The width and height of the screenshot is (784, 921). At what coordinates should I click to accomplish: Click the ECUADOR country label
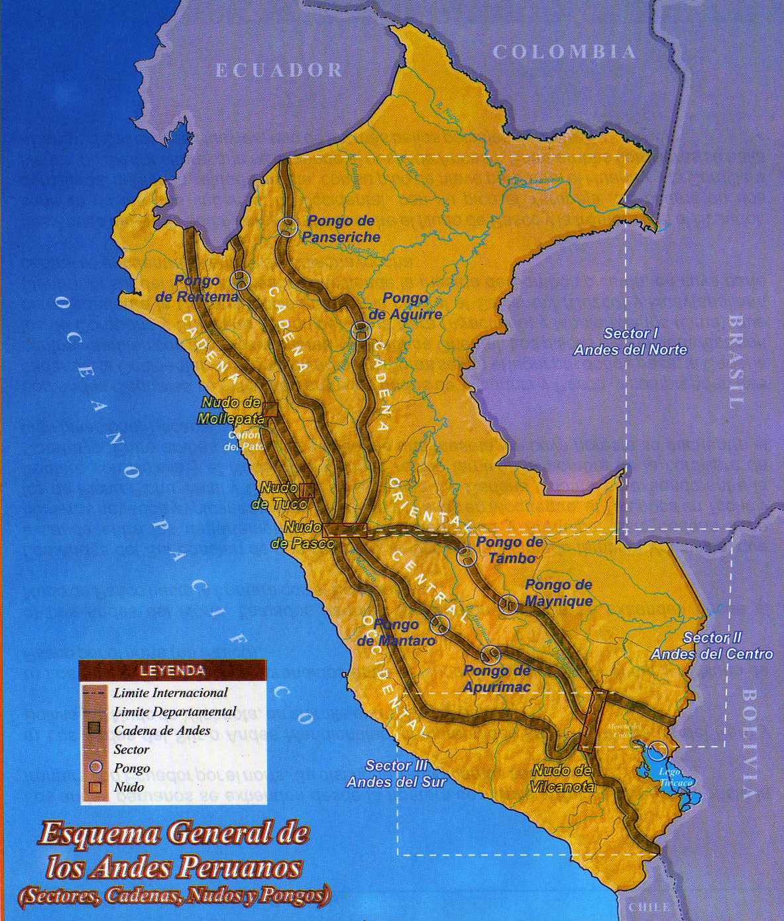tap(279, 70)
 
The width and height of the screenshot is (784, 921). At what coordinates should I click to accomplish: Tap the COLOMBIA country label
tap(564, 52)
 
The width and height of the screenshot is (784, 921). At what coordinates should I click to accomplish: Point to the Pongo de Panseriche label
tap(341, 229)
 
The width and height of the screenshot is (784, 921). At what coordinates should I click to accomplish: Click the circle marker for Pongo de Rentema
tap(240, 280)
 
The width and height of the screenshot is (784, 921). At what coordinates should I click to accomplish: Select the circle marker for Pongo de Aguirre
tap(361, 331)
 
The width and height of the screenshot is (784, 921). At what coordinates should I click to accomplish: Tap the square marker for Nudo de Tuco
tap(307, 490)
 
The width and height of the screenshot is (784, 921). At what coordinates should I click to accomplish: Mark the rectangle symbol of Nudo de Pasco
tap(345, 529)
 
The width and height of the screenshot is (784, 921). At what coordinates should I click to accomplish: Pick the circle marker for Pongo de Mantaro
tap(440, 623)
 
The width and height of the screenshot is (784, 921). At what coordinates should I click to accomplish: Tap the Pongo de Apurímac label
tap(497, 678)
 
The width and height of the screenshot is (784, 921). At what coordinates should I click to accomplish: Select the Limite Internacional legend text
tap(170, 693)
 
